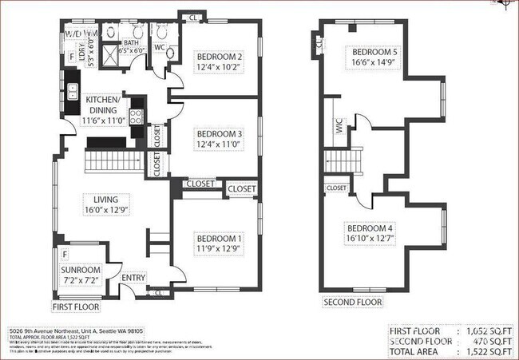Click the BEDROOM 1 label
click(x=219, y=237)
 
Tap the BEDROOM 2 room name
click(x=219, y=56)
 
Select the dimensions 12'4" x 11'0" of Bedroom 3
click(x=219, y=144)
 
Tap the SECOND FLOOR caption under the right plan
click(x=351, y=302)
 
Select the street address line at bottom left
click(x=76, y=330)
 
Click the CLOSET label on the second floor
click(x=336, y=188)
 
